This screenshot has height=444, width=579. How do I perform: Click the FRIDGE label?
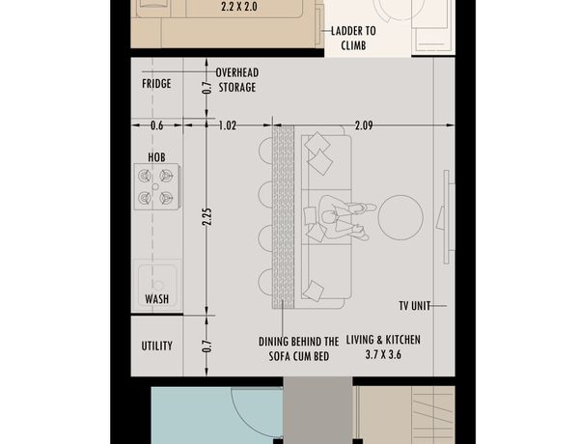tap(156, 83)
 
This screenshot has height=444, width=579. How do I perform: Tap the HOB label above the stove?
tap(156, 157)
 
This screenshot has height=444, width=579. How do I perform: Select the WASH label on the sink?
tap(156, 299)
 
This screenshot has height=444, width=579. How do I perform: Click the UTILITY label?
tap(157, 346)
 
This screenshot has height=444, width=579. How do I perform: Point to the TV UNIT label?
tap(415, 306)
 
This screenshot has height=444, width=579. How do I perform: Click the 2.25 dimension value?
tap(207, 217)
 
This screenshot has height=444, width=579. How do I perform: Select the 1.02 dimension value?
tap(228, 125)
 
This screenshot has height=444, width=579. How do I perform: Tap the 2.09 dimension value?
tap(364, 125)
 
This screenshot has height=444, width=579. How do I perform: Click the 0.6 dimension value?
tap(156, 125)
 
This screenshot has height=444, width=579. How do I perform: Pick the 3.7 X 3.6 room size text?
tap(383, 354)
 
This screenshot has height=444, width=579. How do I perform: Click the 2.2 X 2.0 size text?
tap(239, 7)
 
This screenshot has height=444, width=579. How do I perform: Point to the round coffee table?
tap(400, 217)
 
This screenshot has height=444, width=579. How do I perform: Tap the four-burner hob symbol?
tap(156, 187)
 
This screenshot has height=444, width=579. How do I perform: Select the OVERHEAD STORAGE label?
tap(237, 80)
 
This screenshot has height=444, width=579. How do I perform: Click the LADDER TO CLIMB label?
tap(353, 38)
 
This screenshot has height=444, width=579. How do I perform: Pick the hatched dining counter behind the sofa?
tap(283, 217)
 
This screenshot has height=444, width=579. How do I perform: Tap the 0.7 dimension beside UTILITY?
tap(207, 346)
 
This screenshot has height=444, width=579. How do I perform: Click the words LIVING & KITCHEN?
tap(383, 340)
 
